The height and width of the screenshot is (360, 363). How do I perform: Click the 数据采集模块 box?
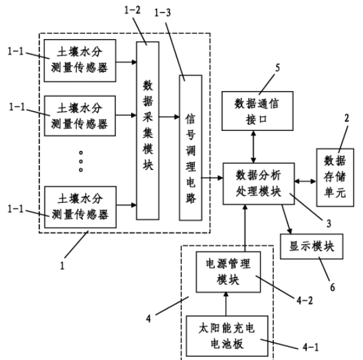pyautogui.click(x=148, y=130)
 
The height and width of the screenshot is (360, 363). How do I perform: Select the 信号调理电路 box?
pyautogui.click(x=191, y=147)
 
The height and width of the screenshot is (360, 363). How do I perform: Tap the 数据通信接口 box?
pyautogui.click(x=257, y=111)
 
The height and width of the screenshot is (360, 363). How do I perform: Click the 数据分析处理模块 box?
pyautogui.click(x=259, y=184)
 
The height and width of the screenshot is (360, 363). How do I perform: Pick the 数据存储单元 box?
pyautogui.click(x=335, y=177)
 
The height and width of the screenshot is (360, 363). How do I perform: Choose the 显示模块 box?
pyautogui.click(x=312, y=246)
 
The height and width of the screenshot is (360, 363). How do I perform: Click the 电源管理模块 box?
pyautogui.click(x=229, y=272)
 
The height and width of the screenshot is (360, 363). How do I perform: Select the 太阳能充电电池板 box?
pyautogui.click(x=227, y=336)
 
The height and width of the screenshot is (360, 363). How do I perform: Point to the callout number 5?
pyautogui.click(x=277, y=68)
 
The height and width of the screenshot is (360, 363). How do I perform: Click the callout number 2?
pyautogui.click(x=347, y=118)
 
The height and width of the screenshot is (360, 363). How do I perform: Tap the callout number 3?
pyautogui.click(x=329, y=224)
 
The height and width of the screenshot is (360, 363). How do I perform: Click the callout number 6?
pyautogui.click(x=332, y=287)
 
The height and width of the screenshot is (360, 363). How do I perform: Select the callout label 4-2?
pyautogui.click(x=305, y=300)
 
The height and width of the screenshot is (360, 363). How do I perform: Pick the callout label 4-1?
pyautogui.click(x=310, y=347)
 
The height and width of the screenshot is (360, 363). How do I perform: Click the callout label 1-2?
pyautogui.click(x=132, y=10)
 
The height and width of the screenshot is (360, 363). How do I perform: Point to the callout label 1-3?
pyautogui.click(x=163, y=12)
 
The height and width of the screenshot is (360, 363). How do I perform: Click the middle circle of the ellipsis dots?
pyautogui.click(x=81, y=161)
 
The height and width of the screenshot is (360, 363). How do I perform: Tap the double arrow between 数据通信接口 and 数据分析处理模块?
pyautogui.click(x=253, y=147)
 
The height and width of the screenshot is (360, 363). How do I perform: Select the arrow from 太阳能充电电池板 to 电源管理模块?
pyautogui.click(x=226, y=304)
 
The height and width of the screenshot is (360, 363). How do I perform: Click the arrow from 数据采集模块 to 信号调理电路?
pyautogui.click(x=169, y=117)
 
